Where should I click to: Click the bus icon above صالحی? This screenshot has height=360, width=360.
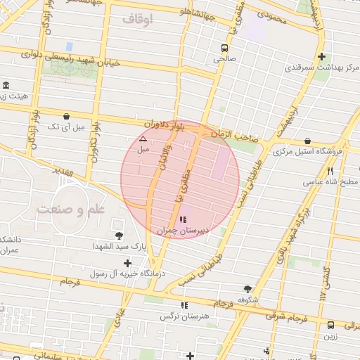pos(224,49)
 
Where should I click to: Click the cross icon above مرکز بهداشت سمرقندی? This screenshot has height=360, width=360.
pos(321,57)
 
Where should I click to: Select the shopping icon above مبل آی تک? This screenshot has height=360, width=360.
pos(66,116)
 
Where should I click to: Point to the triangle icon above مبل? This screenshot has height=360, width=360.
pos(143,139)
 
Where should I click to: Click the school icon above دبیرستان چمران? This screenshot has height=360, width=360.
pos(174,220)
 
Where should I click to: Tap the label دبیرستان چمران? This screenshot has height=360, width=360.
pos(174,231)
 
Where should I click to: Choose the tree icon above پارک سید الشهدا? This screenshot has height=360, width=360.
pos(118,236)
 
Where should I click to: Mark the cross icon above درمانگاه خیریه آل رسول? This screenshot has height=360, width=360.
pos(127,262)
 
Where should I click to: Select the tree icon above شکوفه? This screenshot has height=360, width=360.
pos(247,288)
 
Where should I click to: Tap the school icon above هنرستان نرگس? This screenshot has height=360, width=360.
pos(185,305)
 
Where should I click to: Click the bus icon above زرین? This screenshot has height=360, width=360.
pos(330,325)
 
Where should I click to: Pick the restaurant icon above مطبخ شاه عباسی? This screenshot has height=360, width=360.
pos(330,170)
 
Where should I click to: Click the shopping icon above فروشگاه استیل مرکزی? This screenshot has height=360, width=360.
pos(308,141)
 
